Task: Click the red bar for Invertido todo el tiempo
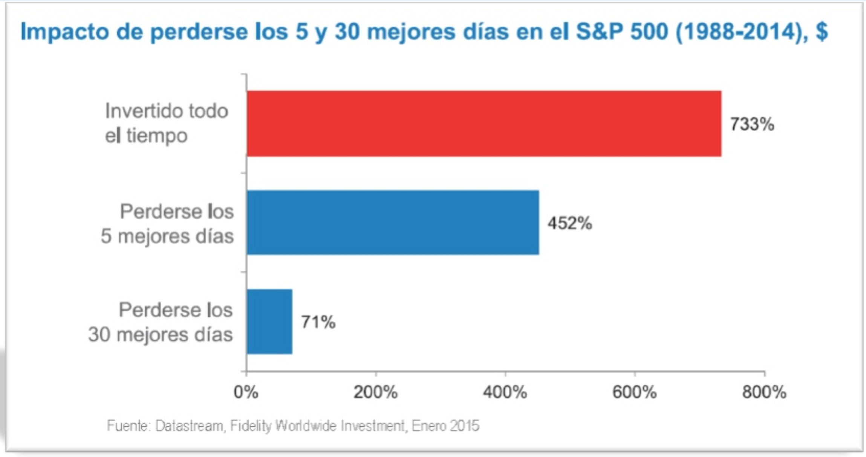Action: click(x=484, y=123)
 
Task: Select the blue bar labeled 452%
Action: click(x=393, y=222)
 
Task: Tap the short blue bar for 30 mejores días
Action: click(x=269, y=322)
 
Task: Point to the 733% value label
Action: click(x=752, y=124)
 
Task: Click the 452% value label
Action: click(x=569, y=223)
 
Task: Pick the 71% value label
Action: click(x=318, y=322)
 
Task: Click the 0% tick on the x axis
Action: click(x=246, y=392)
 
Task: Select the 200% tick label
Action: click(x=375, y=392)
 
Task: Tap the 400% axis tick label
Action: click(x=505, y=392)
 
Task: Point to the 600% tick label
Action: click(x=634, y=392)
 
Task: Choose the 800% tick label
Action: click(x=764, y=392)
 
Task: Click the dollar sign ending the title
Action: click(x=822, y=31)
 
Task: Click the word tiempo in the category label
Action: click(x=156, y=135)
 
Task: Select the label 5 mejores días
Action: click(x=167, y=236)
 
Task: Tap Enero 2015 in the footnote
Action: click(x=445, y=426)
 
